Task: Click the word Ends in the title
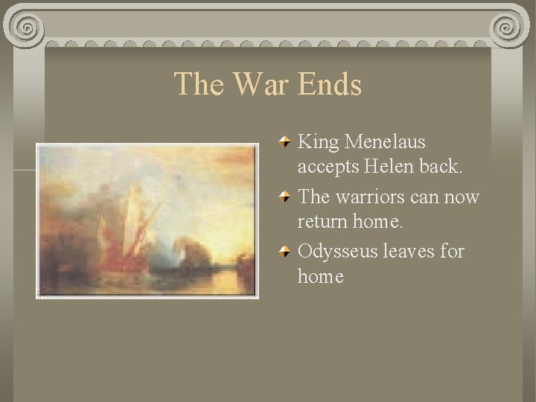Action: tap(329, 84)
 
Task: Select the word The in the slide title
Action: tap(200, 84)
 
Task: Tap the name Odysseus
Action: tap(337, 252)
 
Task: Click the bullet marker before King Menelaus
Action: tap(286, 141)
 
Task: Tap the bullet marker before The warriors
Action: tap(286, 197)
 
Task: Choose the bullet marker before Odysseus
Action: tap(286, 252)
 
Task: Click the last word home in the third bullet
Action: tap(320, 277)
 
